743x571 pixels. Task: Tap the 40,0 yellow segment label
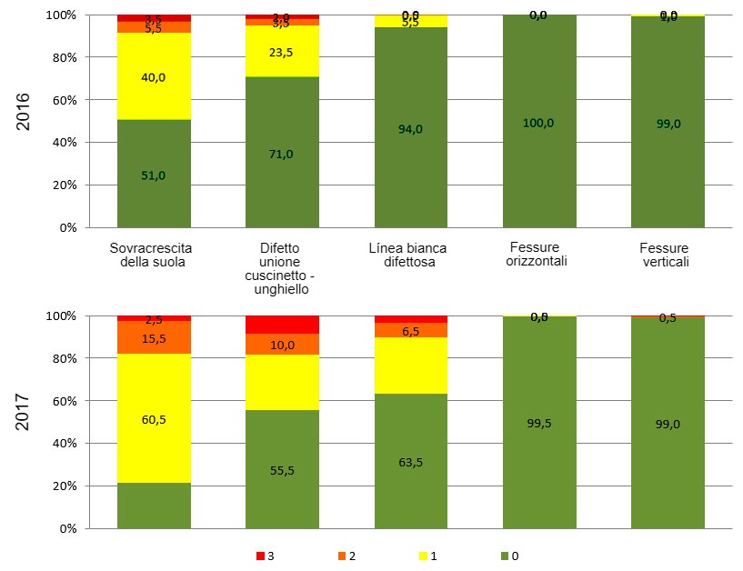click(154, 78)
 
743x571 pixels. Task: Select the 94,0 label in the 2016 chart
click(411, 129)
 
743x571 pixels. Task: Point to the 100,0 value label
click(538, 123)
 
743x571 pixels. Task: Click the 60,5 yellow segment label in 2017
click(154, 420)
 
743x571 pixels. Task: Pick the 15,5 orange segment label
click(154, 338)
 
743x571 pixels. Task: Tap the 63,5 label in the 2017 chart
click(411, 462)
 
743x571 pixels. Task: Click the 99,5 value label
click(538, 424)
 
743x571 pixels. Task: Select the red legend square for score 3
click(260, 556)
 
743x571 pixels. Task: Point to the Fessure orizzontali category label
click(536, 255)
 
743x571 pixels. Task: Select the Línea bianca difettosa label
click(408, 255)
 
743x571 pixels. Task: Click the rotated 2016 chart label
click(24, 111)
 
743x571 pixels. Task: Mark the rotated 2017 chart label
click(24, 411)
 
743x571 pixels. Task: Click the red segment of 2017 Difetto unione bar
click(282, 325)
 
